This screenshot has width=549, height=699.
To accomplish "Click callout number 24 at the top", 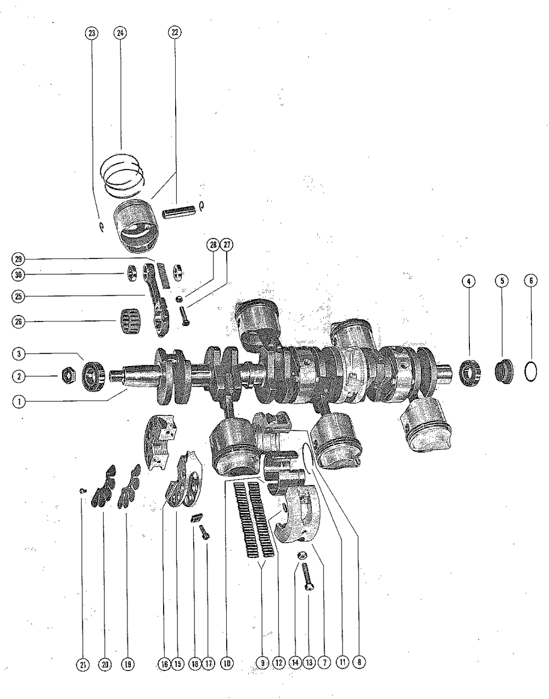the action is coord(120,33).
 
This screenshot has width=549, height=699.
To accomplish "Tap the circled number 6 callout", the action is coord(530,281).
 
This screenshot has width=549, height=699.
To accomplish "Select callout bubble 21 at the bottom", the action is coord(82,664).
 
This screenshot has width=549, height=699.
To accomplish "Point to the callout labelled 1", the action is coord(19,401).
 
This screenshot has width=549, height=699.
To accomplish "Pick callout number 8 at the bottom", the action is coord(358,663).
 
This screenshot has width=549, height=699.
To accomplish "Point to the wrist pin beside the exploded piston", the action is coord(180,211).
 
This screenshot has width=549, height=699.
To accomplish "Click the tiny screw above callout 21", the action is coord(82,490).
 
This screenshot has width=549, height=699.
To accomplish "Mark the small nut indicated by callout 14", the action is coord(301,555).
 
